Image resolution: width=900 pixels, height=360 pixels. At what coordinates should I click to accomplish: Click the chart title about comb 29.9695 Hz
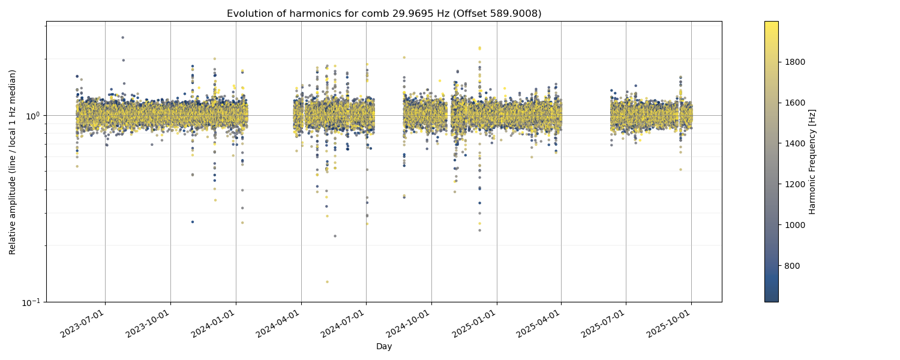click(x=384, y=13)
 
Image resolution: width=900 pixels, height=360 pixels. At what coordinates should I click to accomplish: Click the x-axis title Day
click(x=384, y=347)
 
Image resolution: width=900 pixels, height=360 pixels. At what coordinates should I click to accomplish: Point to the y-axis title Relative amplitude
click(x=13, y=162)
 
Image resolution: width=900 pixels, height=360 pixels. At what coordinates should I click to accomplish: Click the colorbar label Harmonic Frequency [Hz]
click(x=812, y=162)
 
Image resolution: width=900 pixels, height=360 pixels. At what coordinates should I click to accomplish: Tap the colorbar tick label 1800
click(x=796, y=62)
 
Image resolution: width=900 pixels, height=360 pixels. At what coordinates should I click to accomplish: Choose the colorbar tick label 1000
click(x=796, y=225)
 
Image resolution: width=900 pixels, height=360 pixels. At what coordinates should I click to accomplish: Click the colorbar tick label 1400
click(x=796, y=143)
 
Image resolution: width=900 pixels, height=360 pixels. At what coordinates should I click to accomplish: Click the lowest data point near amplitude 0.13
click(x=327, y=282)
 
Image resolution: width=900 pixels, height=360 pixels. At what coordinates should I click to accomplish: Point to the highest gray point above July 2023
click(x=123, y=37)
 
